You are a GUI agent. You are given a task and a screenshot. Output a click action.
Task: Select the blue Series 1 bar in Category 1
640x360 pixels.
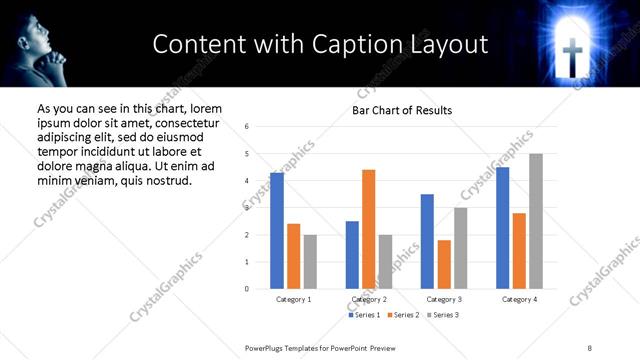277,231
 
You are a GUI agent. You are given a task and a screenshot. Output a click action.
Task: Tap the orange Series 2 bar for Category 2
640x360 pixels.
368,229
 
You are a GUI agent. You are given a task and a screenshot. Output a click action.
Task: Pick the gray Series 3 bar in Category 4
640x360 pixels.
536,221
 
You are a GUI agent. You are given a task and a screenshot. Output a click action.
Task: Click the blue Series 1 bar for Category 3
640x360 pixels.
427,241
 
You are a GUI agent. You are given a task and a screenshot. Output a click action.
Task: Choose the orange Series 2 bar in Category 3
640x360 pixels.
444,264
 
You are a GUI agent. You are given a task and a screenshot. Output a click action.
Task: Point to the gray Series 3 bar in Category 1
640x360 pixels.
311,262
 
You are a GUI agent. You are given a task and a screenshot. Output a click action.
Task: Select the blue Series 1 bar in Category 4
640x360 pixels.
502,228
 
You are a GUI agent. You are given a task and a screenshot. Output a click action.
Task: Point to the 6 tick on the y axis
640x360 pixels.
247,127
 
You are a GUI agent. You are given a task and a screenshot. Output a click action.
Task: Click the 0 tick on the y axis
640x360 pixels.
247,289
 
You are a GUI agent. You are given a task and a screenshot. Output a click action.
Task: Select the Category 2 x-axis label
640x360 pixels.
369,299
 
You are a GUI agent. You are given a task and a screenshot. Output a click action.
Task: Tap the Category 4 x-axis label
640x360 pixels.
519,299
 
